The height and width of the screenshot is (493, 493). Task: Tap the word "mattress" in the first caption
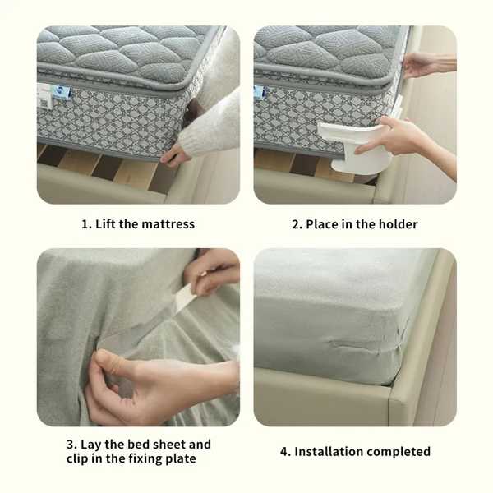coord(168,224)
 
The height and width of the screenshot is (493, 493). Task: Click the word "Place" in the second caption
coord(322,224)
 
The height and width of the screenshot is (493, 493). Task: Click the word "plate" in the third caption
coord(181,458)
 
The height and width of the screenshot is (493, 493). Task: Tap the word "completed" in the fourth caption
coord(398,452)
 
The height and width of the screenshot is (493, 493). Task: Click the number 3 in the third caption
coord(71,445)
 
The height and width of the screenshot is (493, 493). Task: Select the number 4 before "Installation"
coord(284,452)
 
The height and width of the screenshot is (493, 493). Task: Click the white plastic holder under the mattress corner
coord(357,146)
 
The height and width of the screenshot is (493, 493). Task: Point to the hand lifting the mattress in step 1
coord(174,156)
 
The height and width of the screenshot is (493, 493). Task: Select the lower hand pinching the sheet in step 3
coord(151,386)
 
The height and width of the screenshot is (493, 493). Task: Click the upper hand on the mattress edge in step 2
coord(427,65)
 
